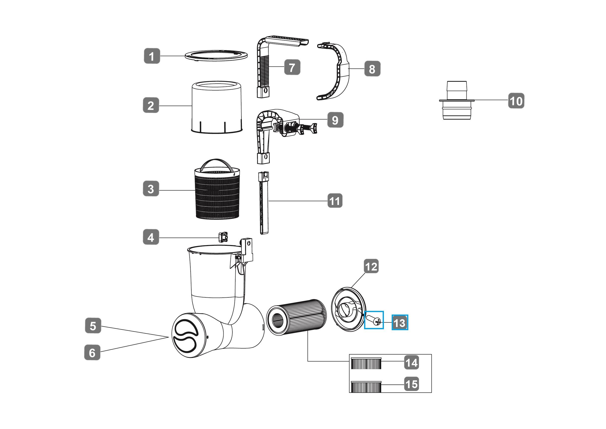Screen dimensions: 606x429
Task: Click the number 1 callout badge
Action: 152,56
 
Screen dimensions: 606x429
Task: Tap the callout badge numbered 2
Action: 151,105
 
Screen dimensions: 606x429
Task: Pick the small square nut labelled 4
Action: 223,237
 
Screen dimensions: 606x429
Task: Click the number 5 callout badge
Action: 93,326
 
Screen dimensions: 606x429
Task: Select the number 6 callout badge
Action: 92,352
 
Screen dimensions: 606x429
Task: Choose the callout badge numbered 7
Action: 292,67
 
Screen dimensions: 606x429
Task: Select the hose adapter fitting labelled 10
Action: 457,100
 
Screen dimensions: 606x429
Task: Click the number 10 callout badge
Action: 516,100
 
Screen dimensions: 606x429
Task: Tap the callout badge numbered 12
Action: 371,266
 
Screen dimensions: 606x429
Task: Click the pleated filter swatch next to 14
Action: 366,363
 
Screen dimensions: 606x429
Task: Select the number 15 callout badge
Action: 412,384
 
